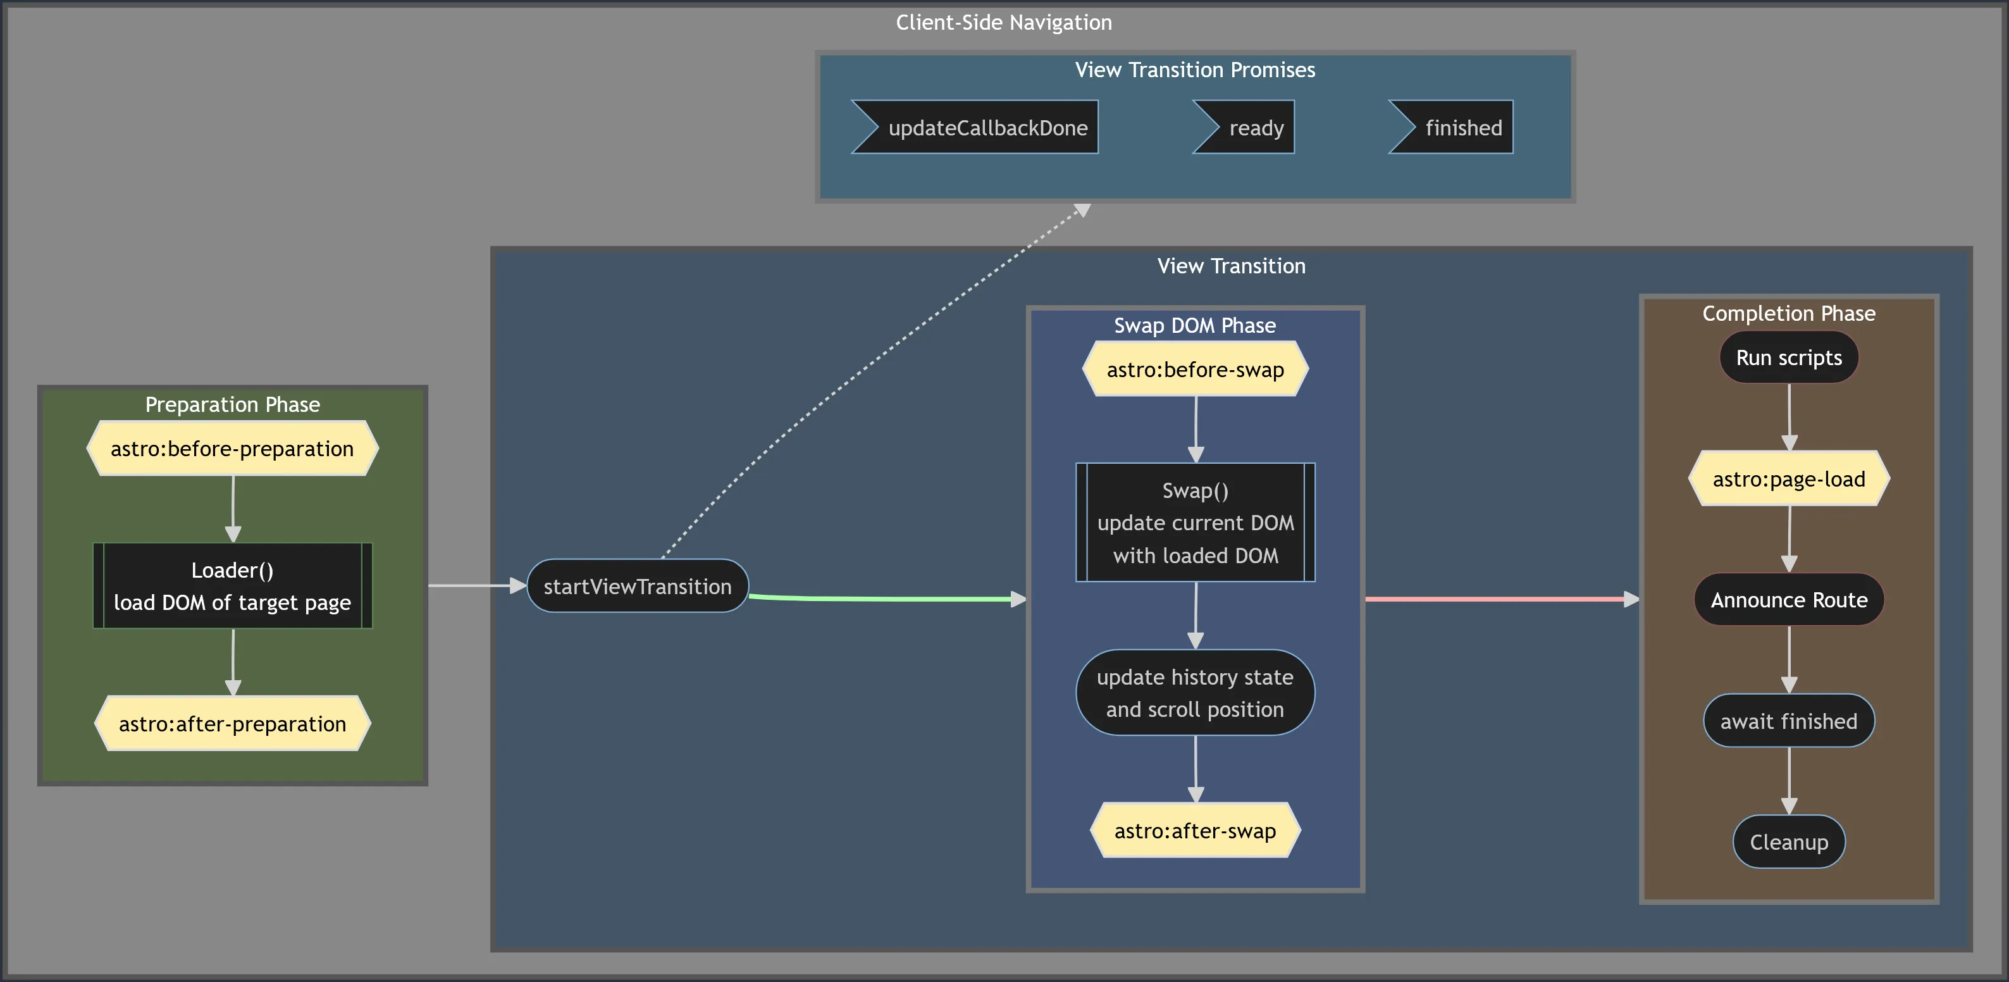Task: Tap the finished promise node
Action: point(1454,127)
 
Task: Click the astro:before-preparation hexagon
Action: point(232,449)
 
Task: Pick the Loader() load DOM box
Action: point(232,586)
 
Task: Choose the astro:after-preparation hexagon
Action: point(232,724)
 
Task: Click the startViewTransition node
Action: point(637,587)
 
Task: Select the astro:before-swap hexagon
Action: point(1195,369)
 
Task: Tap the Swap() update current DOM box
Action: point(1195,523)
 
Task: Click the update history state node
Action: point(1195,693)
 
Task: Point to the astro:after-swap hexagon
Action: point(1195,831)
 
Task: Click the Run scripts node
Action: point(1788,357)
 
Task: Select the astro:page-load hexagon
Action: point(1788,479)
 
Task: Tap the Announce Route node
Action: point(1788,600)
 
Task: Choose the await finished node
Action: point(1788,721)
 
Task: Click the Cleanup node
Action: point(1788,842)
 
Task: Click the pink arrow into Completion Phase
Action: point(1501,599)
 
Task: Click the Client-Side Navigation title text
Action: point(1004,23)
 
